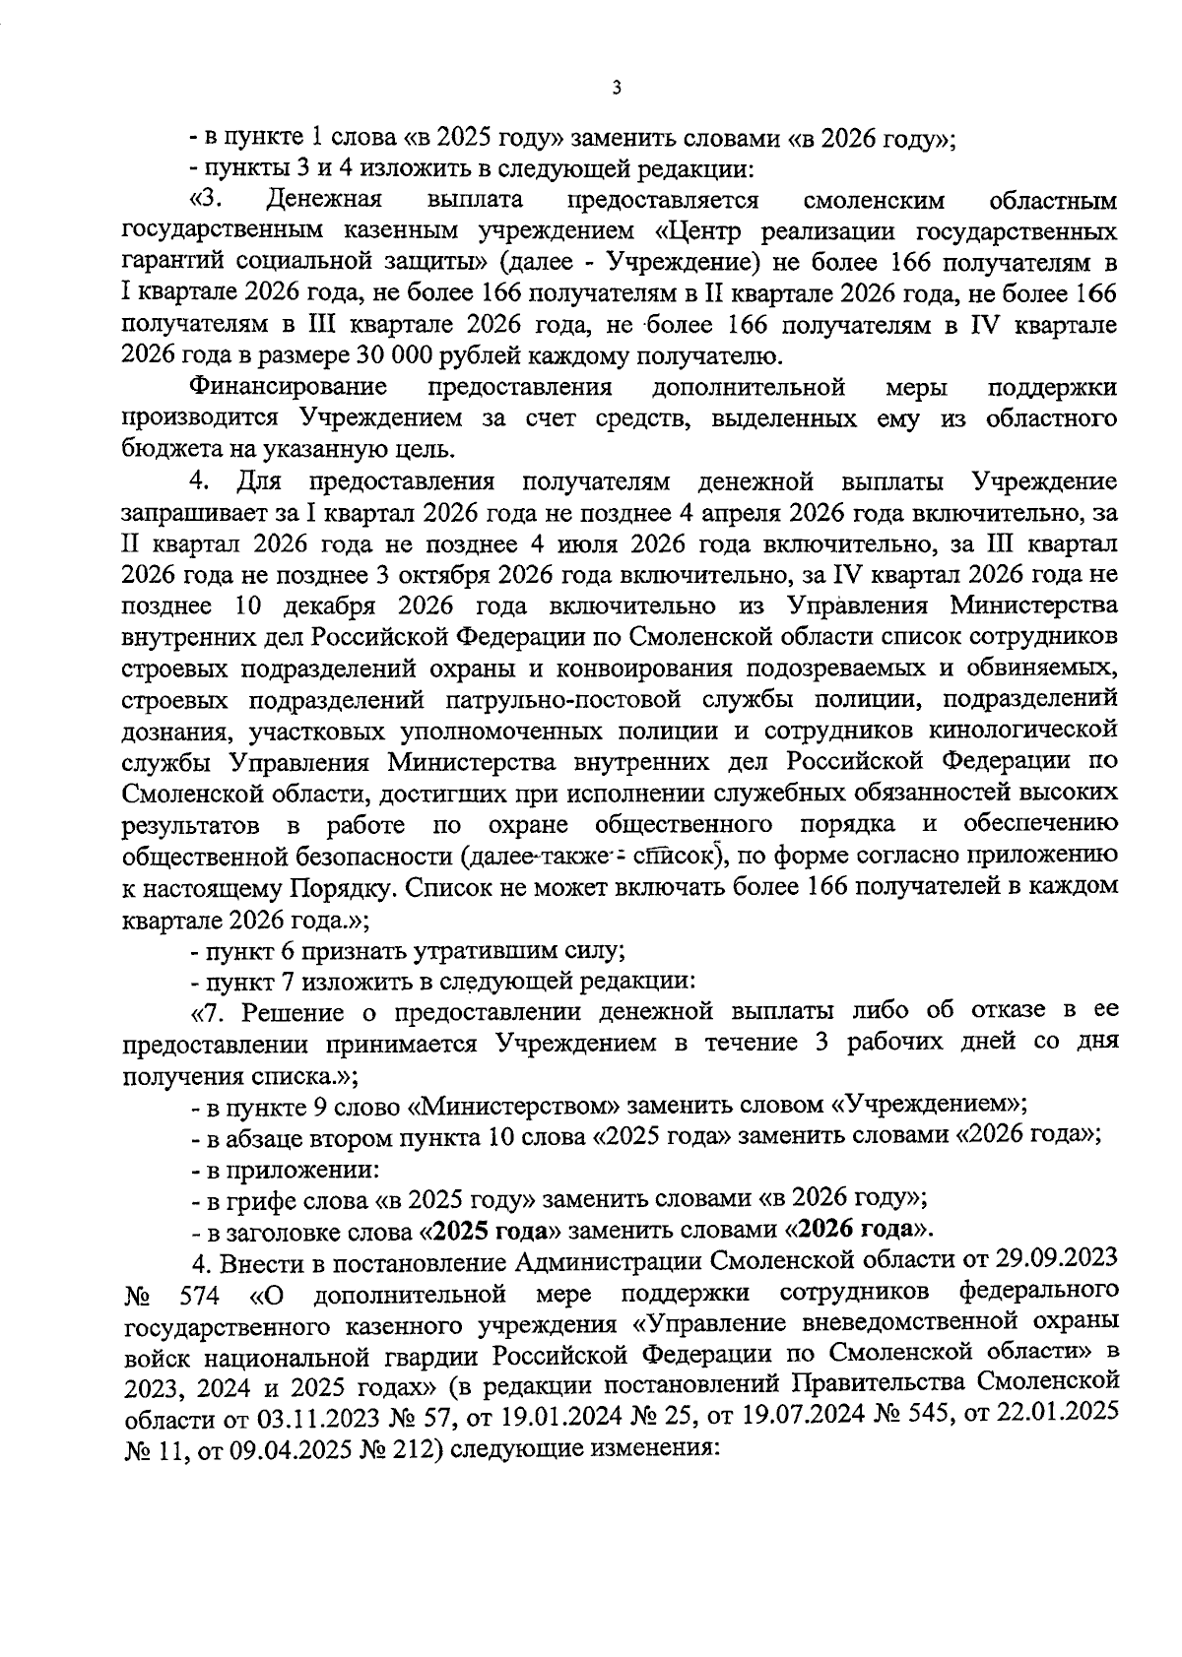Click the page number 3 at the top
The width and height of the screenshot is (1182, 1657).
616,89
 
